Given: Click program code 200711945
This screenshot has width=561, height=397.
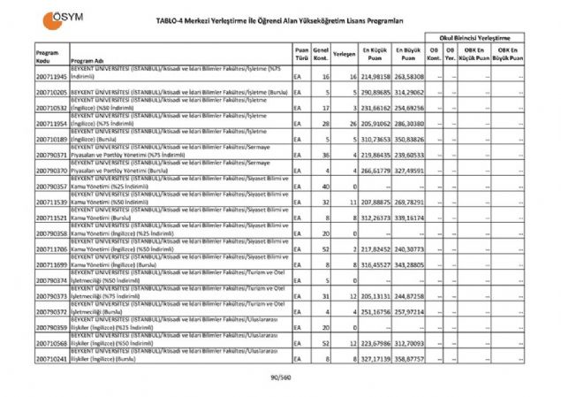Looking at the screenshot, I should coord(52,79).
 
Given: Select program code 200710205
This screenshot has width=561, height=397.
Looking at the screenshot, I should coord(52,92).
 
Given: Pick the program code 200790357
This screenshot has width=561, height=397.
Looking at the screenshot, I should coord(52,187).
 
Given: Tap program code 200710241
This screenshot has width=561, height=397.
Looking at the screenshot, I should coord(52,360).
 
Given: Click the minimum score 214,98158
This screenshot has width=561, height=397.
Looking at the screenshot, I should coord(375,79).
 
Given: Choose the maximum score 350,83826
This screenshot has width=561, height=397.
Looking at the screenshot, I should coord(410,140).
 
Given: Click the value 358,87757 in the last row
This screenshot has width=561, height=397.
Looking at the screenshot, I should coord(410,360).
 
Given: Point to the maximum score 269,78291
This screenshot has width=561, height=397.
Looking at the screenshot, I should coord(410,202).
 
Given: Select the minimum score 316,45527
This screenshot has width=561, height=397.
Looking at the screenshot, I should coord(375,264).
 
